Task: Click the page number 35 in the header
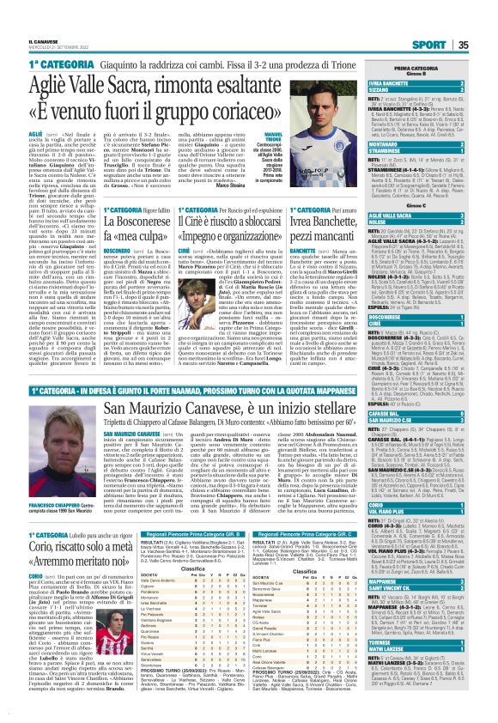point(486,21)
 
